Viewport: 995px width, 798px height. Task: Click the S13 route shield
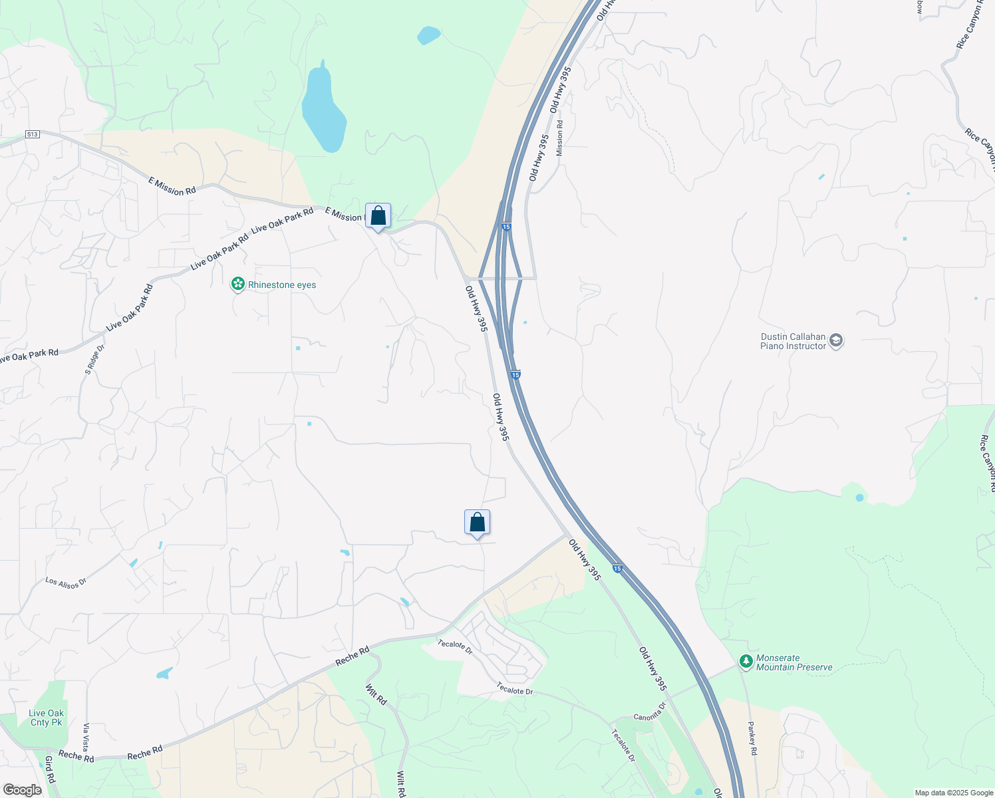click(33, 134)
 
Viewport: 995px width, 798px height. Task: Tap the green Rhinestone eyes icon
click(237, 285)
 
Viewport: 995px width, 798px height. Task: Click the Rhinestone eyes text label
click(282, 285)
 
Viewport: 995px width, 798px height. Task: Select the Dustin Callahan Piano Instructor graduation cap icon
click(836, 341)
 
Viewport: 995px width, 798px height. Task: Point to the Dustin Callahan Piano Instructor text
click(793, 341)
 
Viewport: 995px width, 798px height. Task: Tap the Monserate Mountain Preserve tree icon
click(746, 662)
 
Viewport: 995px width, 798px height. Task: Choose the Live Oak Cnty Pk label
click(46, 718)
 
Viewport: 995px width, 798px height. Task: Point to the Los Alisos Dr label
click(66, 583)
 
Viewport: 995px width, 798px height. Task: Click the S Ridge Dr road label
click(94, 360)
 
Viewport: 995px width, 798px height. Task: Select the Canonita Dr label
click(649, 712)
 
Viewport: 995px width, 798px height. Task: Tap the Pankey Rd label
click(752, 738)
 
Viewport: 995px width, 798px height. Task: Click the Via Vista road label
click(86, 737)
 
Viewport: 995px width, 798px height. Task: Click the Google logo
click(22, 790)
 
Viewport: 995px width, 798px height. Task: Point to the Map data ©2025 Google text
click(954, 793)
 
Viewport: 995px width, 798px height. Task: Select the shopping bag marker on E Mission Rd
click(378, 217)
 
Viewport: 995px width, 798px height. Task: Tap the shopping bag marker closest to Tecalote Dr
click(477, 523)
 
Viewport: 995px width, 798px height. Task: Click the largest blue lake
click(324, 110)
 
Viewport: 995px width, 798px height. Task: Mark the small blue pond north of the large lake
click(428, 35)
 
